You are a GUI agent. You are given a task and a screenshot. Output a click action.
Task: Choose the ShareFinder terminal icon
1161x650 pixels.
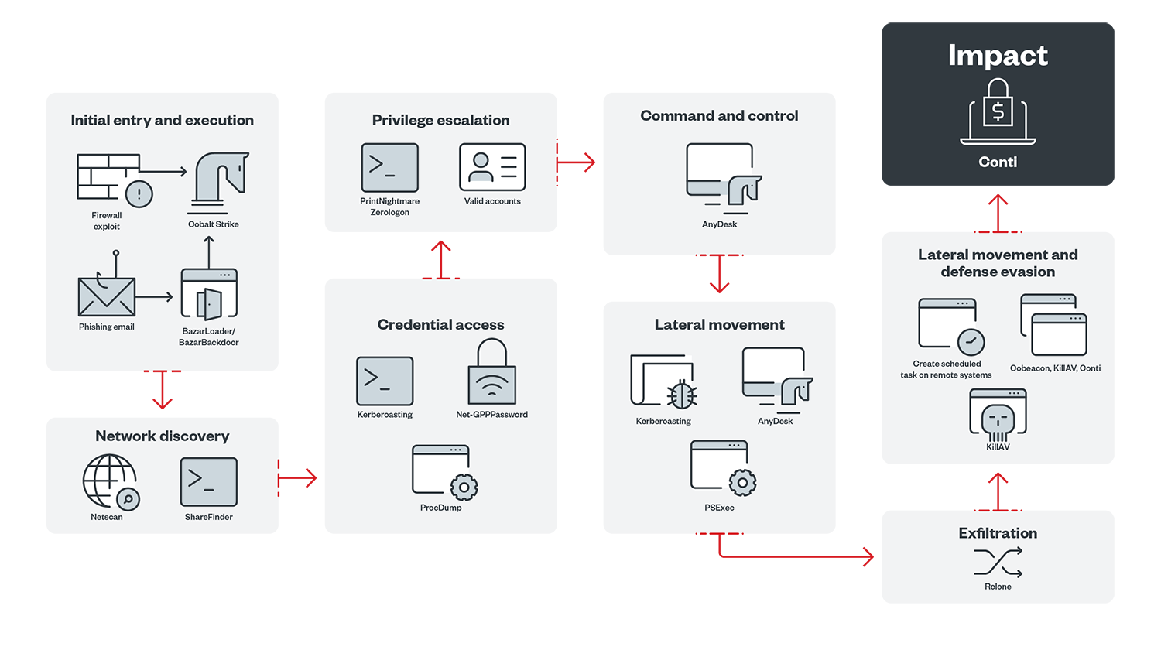tap(209, 481)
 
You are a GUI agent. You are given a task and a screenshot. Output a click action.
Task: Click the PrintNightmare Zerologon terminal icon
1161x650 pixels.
tap(390, 168)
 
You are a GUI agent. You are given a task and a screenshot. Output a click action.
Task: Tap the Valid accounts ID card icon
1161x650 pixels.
tap(492, 167)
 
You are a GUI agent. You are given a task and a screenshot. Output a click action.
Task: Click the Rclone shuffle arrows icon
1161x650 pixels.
tap(998, 563)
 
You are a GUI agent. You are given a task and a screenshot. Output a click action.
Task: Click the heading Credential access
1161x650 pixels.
tap(440, 325)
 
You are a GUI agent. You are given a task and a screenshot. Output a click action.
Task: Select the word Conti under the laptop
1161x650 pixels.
tap(998, 162)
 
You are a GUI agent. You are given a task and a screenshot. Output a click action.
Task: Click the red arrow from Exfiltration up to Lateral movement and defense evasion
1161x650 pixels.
tap(998, 491)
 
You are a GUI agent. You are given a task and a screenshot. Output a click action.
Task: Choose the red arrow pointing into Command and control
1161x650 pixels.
tap(577, 162)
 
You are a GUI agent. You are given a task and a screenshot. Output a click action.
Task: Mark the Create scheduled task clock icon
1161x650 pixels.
tap(971, 341)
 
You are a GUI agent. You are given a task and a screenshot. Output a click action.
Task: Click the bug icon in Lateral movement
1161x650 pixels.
tap(681, 395)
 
